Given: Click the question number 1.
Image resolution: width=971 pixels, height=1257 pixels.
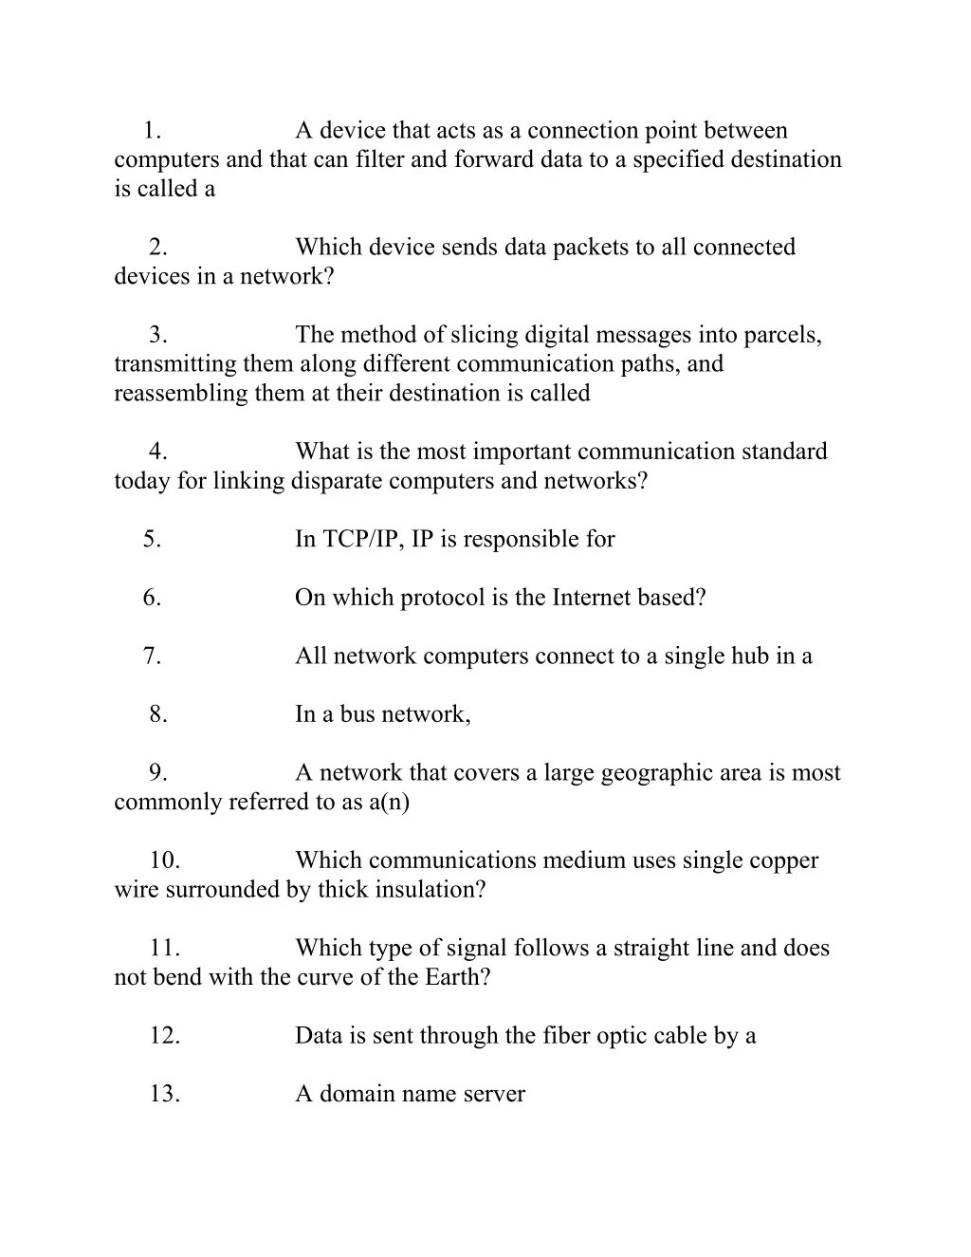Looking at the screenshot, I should coord(152,131).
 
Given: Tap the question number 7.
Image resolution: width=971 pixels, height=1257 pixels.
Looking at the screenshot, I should coord(152,656).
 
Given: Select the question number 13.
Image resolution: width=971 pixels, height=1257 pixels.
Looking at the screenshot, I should coord(164,1095).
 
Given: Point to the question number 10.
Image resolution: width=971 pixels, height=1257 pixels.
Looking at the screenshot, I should coord(164,861).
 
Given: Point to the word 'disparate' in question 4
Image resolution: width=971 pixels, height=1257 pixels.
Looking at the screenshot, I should coord(337,481).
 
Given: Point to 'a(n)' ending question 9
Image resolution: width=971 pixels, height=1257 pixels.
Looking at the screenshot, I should coord(390,803).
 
